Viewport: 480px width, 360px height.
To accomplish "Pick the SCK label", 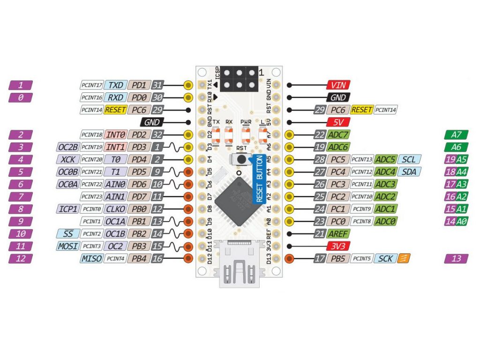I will coord(385,258).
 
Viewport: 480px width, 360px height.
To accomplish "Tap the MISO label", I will coord(91,258).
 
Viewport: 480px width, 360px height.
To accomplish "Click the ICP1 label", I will coord(68,209).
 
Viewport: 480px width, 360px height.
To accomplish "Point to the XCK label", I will coord(68,159).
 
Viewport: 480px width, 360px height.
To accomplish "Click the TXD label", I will coord(115,85).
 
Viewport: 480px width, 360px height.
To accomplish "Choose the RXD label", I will coord(115,97).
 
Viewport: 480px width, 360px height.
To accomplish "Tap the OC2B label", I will coord(68,147).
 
